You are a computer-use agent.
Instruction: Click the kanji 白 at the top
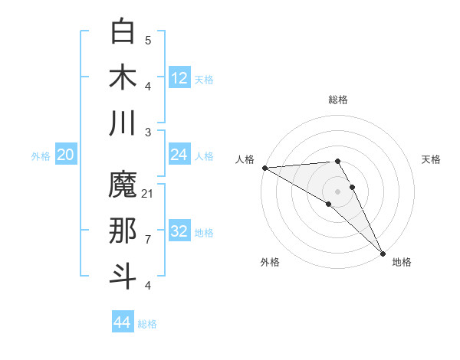[x=123, y=31]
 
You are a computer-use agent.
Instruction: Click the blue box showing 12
[x=179, y=77]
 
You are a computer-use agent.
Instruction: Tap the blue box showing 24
[x=179, y=155]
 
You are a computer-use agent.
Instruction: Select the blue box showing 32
[x=179, y=231]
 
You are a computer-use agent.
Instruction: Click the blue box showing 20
[x=66, y=155]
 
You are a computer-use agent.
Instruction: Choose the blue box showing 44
[x=123, y=322]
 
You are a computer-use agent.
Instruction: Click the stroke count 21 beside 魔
[x=148, y=193]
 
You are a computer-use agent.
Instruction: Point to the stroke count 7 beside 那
[x=148, y=239]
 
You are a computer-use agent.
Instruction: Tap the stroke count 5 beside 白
[x=148, y=40]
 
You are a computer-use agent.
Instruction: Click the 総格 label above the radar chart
[x=338, y=100]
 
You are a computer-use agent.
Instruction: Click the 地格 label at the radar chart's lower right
[x=402, y=262]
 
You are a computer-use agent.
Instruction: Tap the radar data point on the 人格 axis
[x=264, y=167]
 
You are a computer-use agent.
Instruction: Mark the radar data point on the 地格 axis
[x=383, y=253]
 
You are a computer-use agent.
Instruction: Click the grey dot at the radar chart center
[x=338, y=191]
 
